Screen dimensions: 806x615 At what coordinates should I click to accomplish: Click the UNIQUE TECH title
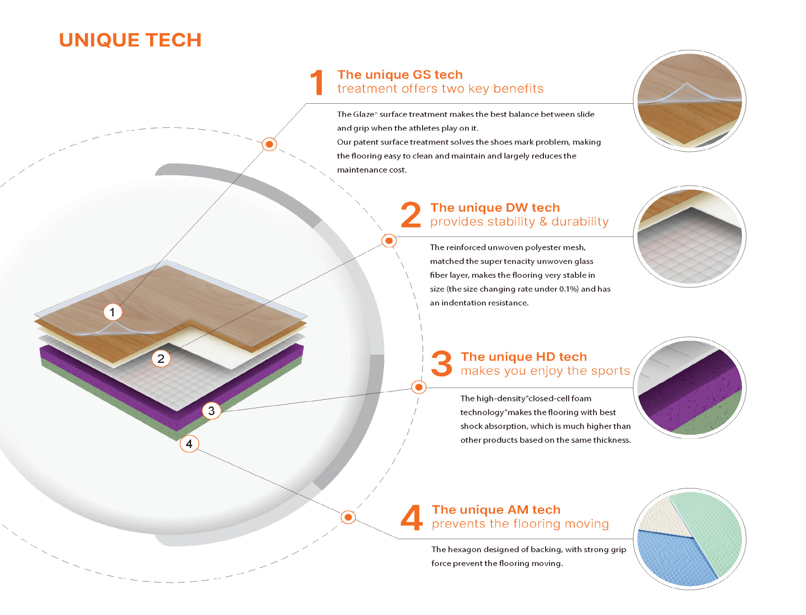[x=130, y=40]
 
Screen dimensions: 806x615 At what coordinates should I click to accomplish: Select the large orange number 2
[x=411, y=214]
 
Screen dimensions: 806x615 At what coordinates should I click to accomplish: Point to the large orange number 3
[x=442, y=364]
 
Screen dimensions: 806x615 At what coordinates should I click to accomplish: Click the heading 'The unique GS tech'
[x=400, y=75]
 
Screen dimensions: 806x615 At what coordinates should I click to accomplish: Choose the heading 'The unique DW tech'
[x=495, y=207]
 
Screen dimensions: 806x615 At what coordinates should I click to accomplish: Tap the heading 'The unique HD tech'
[x=524, y=357]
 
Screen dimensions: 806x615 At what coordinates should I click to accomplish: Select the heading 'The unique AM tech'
[x=496, y=510]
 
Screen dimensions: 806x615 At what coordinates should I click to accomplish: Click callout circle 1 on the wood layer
[x=112, y=312]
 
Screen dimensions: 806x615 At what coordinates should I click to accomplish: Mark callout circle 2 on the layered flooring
[x=161, y=359]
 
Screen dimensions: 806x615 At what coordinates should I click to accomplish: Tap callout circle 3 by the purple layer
[x=211, y=410]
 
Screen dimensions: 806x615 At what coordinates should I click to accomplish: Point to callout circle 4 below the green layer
[x=189, y=444]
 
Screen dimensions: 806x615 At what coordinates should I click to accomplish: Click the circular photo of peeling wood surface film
[x=690, y=101]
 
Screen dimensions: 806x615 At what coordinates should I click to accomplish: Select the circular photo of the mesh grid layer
[x=690, y=237]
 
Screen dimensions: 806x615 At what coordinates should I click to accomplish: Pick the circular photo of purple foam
[x=690, y=387]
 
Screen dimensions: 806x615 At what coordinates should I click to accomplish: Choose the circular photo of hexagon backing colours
[x=690, y=539]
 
